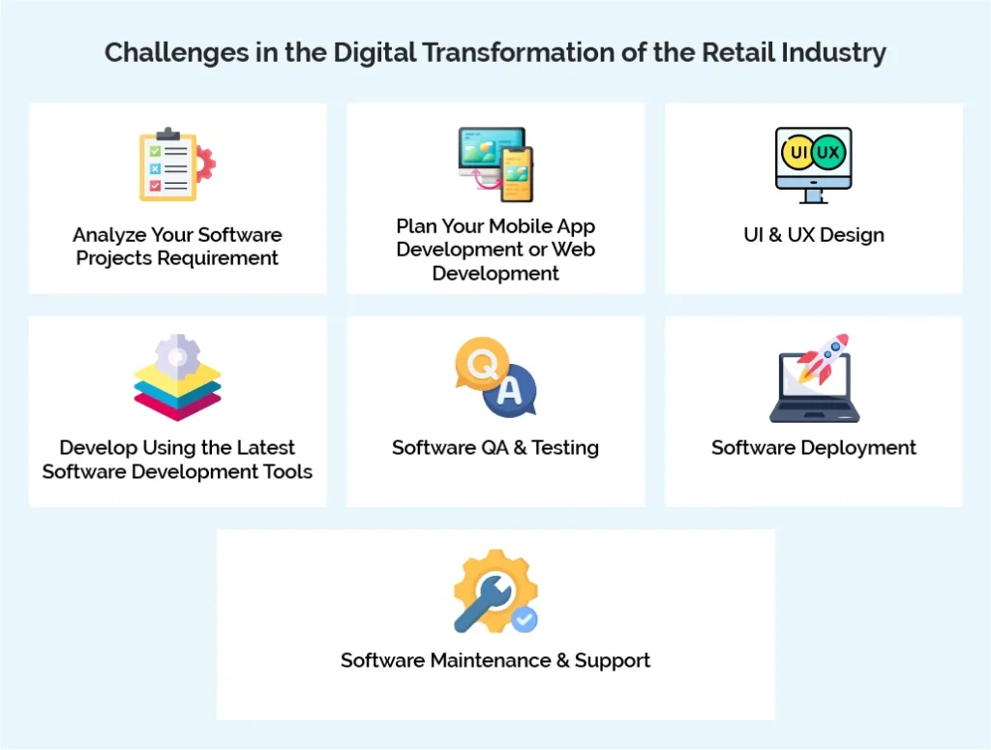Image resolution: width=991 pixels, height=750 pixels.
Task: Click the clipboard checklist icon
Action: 169,165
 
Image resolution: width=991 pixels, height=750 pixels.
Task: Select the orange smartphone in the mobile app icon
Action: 516,174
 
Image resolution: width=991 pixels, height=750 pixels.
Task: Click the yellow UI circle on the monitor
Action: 799,153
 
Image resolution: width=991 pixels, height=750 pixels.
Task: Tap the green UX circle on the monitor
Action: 828,153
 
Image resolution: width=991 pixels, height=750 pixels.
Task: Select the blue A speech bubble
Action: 510,391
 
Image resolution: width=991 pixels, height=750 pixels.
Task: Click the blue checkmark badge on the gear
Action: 525,619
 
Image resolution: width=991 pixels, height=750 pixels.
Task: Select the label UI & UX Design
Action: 814,235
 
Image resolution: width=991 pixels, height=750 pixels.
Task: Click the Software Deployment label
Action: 814,448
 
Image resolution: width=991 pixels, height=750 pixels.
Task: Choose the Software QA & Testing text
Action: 495,448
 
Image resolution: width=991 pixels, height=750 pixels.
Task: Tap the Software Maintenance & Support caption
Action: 495,661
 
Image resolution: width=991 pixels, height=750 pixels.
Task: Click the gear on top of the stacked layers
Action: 177,356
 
